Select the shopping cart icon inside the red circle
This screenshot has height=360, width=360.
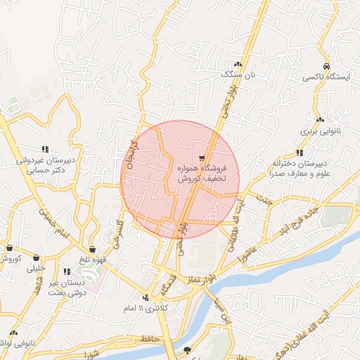(202, 158)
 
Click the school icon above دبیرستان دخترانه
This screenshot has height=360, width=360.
(300, 152)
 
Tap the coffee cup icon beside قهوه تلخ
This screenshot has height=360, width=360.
(92, 249)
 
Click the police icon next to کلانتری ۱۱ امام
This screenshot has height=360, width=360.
(146, 297)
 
